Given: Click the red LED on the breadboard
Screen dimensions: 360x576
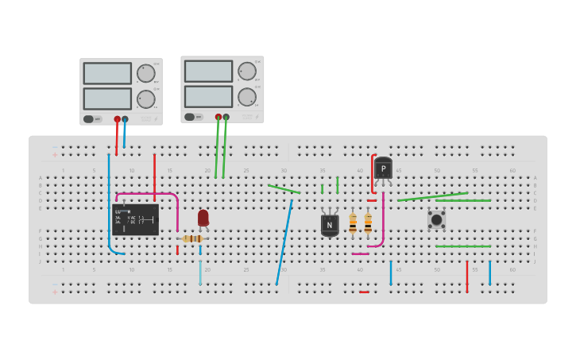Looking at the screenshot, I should tap(203, 217).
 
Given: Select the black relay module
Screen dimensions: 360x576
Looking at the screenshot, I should tap(135, 219).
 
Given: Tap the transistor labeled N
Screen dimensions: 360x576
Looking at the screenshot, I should tap(330, 225).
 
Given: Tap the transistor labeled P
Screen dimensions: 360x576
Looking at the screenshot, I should tap(383, 168).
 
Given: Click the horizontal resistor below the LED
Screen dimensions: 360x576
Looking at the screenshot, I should tap(192, 238).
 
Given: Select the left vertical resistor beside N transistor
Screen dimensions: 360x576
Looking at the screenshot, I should tap(353, 223).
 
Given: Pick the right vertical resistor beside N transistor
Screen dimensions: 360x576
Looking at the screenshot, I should tap(368, 223).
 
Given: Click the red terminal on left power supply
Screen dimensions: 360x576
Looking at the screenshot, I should tap(117, 119).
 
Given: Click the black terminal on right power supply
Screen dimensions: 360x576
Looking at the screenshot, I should tap(226, 117).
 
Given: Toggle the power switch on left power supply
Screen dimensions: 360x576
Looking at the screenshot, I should tap(92, 119).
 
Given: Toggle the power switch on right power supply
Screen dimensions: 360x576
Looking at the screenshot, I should tap(193, 117).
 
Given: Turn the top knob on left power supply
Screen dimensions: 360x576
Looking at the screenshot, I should tap(145, 73).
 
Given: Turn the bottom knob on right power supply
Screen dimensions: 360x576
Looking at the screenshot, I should tap(247, 97).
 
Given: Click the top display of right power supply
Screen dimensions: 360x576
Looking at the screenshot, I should tap(208, 71).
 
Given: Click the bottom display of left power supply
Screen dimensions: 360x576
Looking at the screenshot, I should tap(107, 99).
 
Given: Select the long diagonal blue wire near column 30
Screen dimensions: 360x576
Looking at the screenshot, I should tap(284, 242).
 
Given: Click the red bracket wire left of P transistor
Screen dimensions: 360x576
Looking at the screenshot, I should tap(372, 173).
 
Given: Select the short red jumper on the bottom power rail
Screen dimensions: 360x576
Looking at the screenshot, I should tap(364, 292).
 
